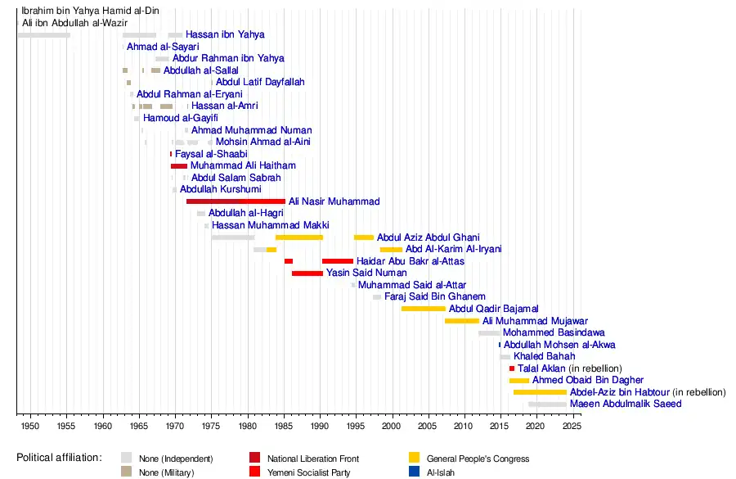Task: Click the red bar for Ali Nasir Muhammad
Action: coord(236,201)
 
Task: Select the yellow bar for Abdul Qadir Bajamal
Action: coord(424,309)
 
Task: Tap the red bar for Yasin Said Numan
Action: coord(307,273)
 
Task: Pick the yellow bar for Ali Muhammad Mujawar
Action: coord(462,321)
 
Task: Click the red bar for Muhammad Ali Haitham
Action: coord(179,166)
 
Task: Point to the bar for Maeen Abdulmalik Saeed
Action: coord(547,404)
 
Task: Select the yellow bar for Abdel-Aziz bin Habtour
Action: coord(540,392)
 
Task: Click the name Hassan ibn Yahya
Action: coord(225,35)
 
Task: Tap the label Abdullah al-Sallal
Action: coord(201,70)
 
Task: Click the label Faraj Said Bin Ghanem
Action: coord(435,296)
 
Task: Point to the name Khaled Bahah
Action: coord(545,357)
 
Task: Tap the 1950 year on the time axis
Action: coord(29,427)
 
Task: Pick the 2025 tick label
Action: coord(572,427)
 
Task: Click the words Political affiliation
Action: coord(59,458)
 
